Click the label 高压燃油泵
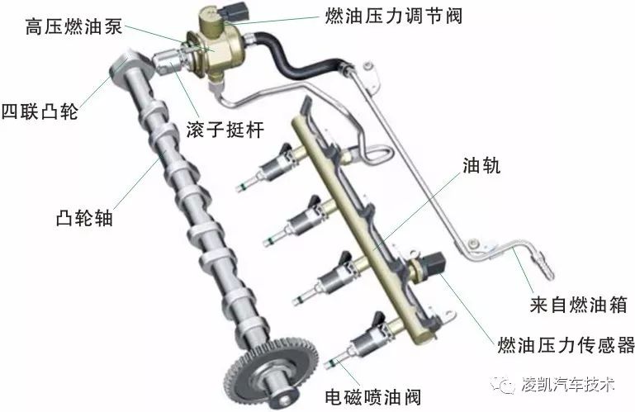tap(73, 27)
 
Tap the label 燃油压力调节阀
tap(393, 17)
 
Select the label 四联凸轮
tap(40, 111)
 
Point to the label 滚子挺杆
tap(225, 130)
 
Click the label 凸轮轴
tap(84, 218)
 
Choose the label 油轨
tap(481, 166)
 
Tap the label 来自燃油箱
tap(578, 304)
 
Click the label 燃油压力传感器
tap(566, 345)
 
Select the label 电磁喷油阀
tap(373, 397)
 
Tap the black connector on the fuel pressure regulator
tap(236, 12)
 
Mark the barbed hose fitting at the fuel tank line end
tap(544, 266)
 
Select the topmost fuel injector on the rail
tap(271, 167)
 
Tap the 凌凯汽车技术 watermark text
tap(567, 385)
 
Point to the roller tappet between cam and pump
tap(168, 61)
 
